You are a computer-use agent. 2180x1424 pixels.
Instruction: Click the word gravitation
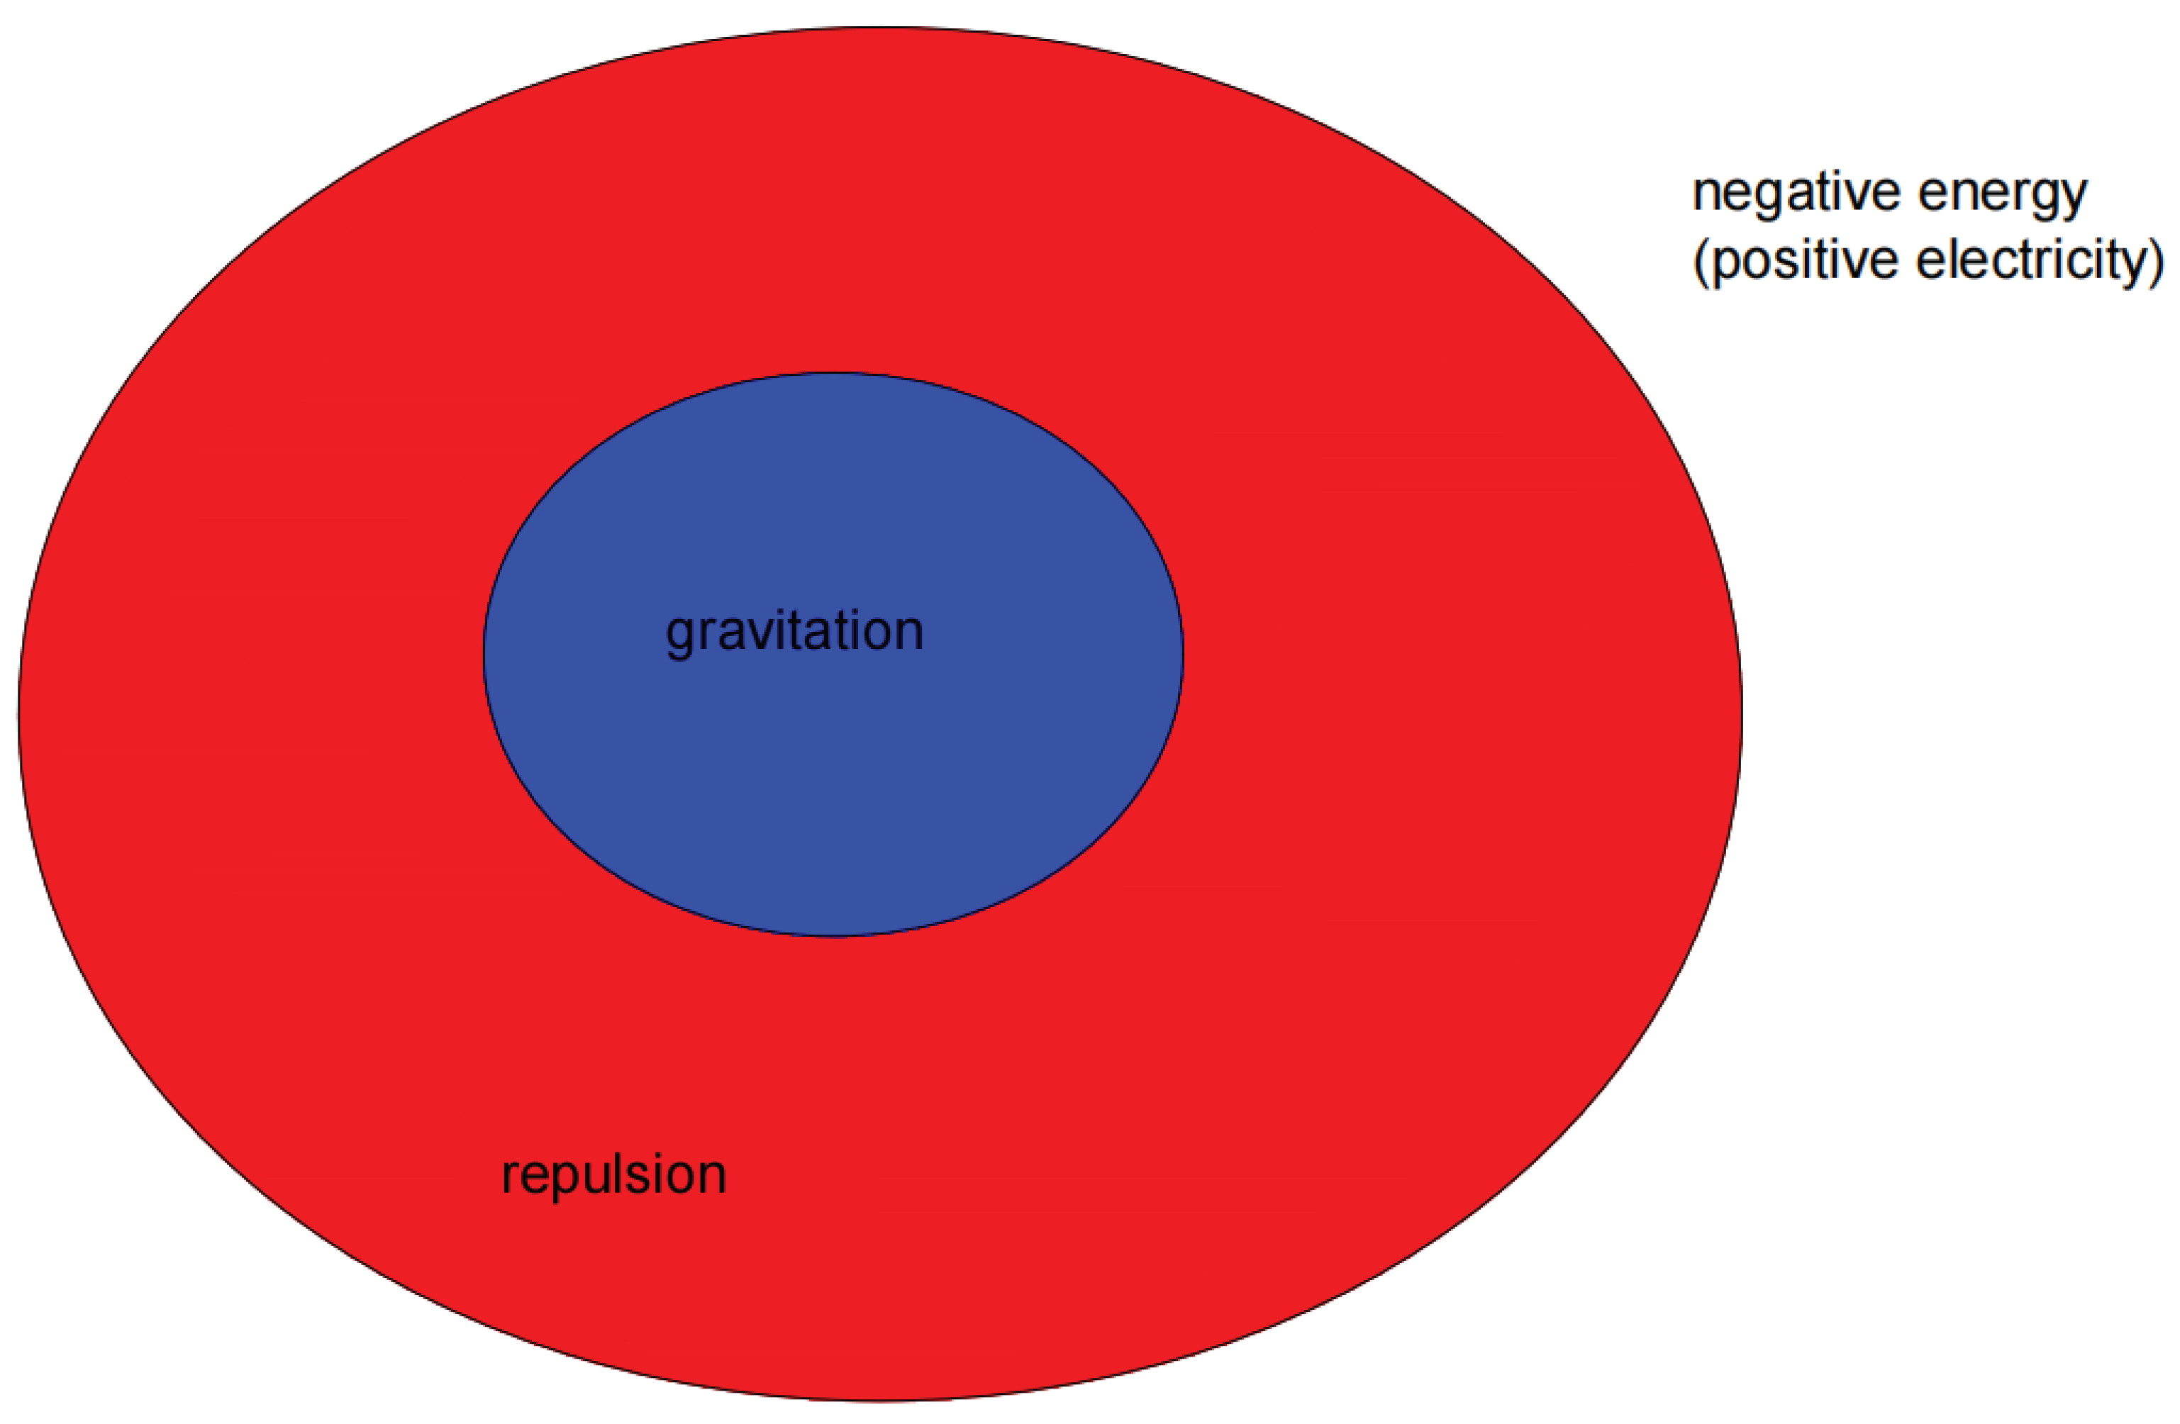click(x=794, y=632)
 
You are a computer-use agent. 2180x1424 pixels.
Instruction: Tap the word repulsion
click(x=613, y=1175)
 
